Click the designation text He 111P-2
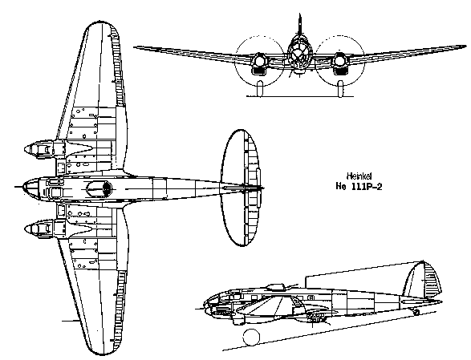point(359,187)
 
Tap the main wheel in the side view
point(251,337)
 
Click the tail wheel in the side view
point(416,312)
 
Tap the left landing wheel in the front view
point(260,88)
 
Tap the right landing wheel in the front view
point(340,88)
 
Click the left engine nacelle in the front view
point(259,63)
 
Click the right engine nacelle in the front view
point(339,63)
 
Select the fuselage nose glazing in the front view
point(299,55)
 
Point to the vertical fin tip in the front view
point(299,15)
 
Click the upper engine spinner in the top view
point(30,149)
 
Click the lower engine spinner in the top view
point(30,229)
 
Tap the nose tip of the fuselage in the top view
point(23,187)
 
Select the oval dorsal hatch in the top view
point(99,188)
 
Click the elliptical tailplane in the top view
point(240,188)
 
